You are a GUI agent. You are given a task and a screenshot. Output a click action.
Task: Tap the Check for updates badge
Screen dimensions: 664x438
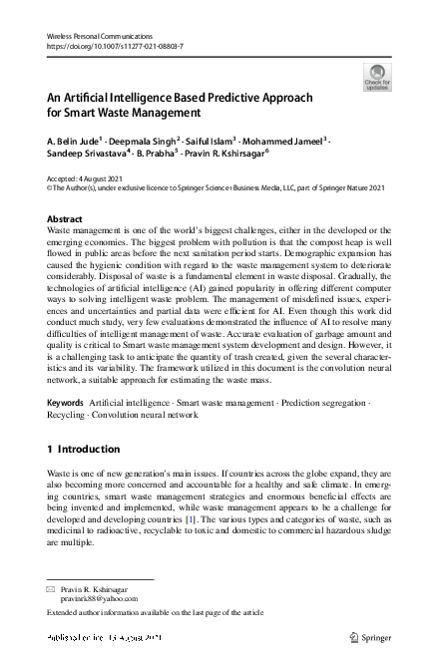(x=377, y=75)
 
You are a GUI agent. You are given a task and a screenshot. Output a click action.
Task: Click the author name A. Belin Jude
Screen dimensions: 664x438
(x=73, y=142)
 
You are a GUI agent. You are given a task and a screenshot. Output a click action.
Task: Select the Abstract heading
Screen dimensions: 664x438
(x=66, y=217)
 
